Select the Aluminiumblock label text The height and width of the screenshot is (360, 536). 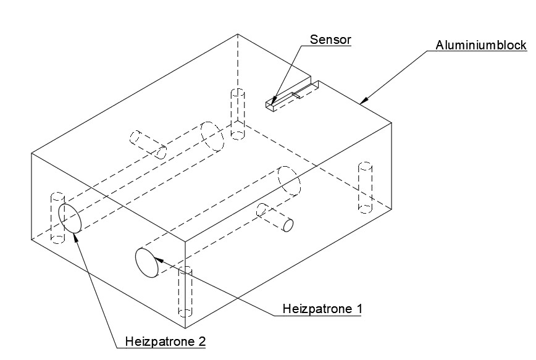pos(481,45)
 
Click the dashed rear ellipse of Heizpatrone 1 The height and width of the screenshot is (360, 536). pos(289,181)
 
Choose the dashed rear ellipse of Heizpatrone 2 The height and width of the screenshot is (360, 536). pos(212,136)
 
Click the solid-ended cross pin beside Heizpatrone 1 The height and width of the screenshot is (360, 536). pos(275,217)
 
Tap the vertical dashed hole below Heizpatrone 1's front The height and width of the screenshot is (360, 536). pos(185,291)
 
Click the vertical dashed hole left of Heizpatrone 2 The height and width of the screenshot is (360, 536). pos(56,218)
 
